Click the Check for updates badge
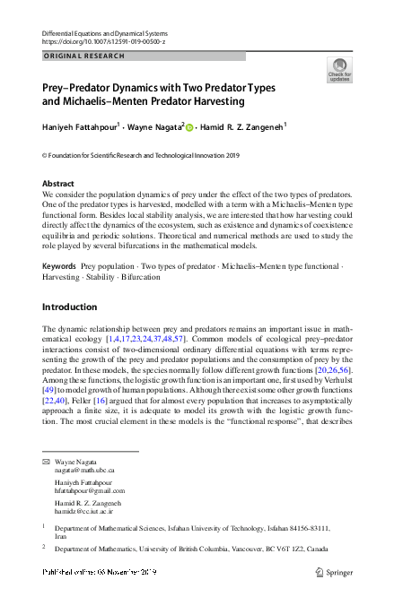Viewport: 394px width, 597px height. point(340,70)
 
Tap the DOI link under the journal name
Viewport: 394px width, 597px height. point(104,42)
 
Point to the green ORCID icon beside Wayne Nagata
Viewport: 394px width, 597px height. point(189,128)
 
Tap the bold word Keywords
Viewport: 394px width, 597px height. point(59,242)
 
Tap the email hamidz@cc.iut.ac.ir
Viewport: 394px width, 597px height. point(86,511)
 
